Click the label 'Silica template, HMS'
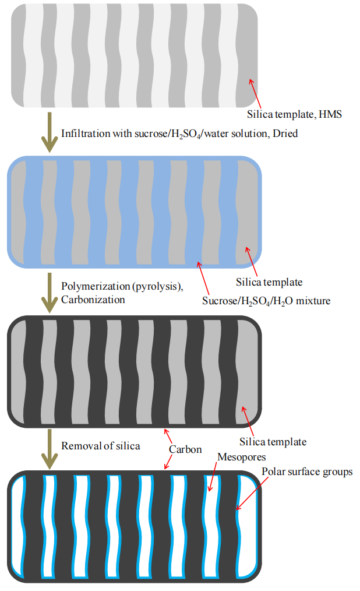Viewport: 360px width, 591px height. [x=294, y=115]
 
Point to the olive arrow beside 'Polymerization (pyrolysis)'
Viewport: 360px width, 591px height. [x=50, y=293]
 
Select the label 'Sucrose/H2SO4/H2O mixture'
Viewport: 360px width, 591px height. [x=266, y=301]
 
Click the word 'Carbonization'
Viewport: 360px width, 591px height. [x=93, y=300]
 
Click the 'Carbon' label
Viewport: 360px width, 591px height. [x=185, y=449]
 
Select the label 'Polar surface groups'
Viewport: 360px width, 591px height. [x=307, y=472]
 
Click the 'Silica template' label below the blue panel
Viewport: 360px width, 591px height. [x=269, y=282]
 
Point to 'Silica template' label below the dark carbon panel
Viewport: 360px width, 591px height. [x=273, y=442]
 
